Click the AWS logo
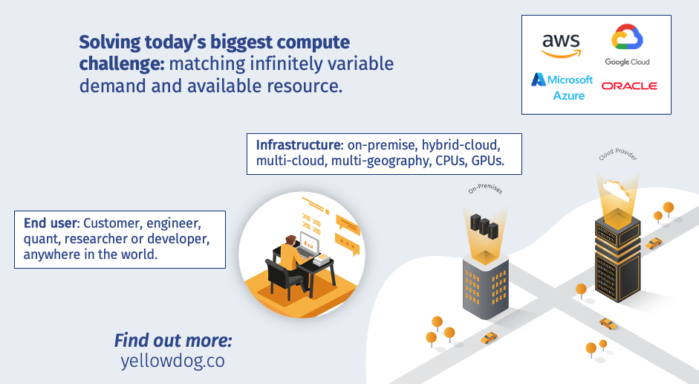pyautogui.click(x=562, y=46)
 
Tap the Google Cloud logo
pyautogui.click(x=627, y=45)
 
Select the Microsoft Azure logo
pyautogui.click(x=562, y=87)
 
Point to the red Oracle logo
pyautogui.click(x=629, y=86)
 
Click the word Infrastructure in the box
pyautogui.click(x=298, y=145)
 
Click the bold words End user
pyautogui.click(x=51, y=223)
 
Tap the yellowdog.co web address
pyautogui.click(x=172, y=361)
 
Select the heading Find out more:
pyautogui.click(x=173, y=340)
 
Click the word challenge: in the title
pyautogui.click(x=122, y=64)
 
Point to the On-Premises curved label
pyautogui.click(x=486, y=189)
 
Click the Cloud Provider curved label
pyautogui.click(x=618, y=154)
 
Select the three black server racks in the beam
pyautogui.click(x=484, y=226)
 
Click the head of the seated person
pyautogui.click(x=291, y=241)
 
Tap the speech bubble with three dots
pyautogui.click(x=346, y=244)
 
